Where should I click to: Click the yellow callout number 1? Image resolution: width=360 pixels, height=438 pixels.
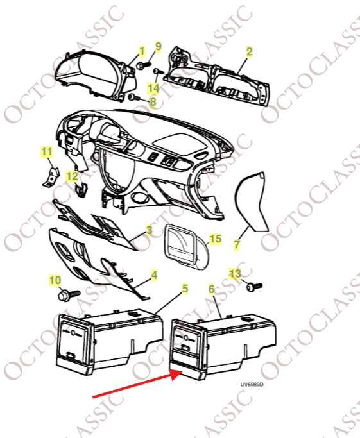click(142, 51)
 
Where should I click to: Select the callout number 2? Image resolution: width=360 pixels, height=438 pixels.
click(250, 52)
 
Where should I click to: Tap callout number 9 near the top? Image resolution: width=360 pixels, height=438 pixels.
click(159, 46)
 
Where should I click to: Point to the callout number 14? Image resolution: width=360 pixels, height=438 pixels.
click(153, 88)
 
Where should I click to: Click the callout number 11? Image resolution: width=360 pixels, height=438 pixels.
click(47, 152)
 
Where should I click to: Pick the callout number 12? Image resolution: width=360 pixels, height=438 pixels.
click(72, 176)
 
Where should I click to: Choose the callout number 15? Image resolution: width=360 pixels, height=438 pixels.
click(215, 239)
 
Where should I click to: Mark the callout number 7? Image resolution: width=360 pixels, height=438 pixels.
click(237, 245)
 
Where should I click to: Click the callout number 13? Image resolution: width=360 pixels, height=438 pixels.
click(235, 274)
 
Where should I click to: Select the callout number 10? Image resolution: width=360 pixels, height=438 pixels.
click(55, 280)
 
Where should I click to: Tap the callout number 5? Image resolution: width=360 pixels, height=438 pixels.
click(185, 289)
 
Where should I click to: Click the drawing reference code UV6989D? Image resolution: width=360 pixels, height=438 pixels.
click(252, 385)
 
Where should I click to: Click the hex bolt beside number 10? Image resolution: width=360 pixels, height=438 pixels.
click(69, 295)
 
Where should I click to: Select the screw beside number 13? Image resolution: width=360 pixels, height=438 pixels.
click(254, 287)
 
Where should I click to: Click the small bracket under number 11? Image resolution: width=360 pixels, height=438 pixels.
click(51, 178)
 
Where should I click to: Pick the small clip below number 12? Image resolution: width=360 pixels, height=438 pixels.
click(81, 190)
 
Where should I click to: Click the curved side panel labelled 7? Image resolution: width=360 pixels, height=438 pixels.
click(252, 201)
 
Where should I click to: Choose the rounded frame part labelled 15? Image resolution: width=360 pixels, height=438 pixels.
click(187, 246)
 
